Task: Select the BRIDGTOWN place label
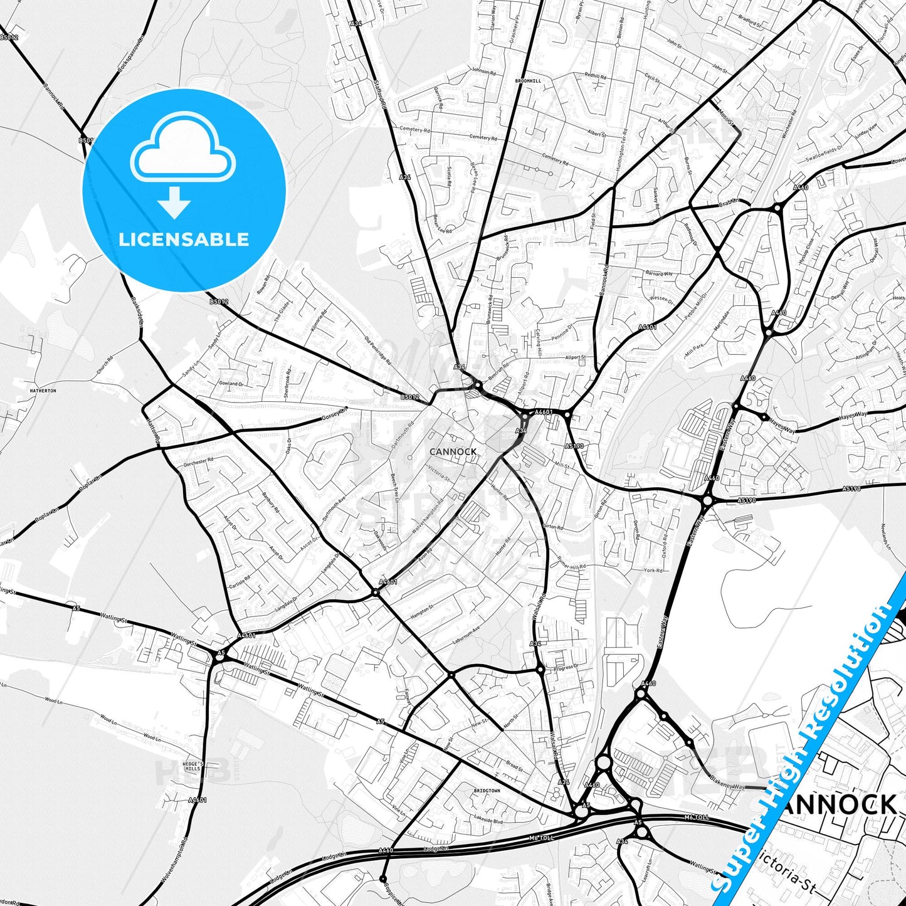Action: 487,791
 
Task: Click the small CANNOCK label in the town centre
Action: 453,451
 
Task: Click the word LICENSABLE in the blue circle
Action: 184,239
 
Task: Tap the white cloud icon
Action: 182,149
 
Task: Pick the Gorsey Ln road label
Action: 334,415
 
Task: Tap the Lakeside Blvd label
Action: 489,819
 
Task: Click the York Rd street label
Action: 653,571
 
